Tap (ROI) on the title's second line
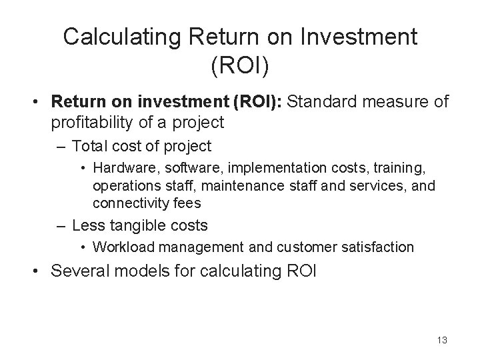pos(240,65)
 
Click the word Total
pos(93,146)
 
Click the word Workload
pos(121,247)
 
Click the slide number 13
pos(441,340)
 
